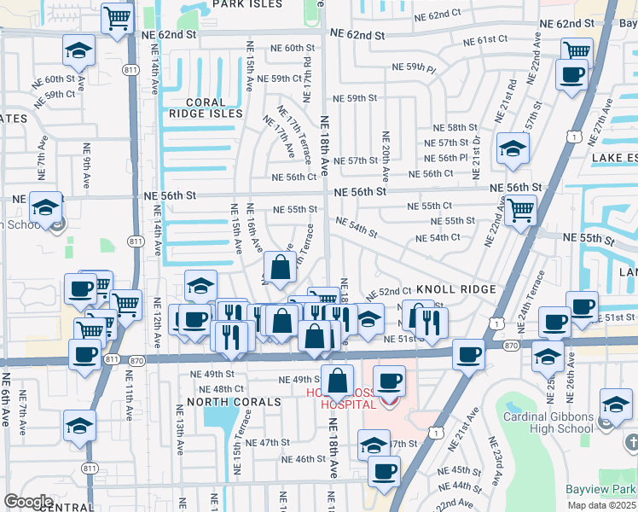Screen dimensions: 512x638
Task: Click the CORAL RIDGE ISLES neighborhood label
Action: [x=206, y=108]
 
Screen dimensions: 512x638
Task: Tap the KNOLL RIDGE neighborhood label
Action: [x=455, y=290]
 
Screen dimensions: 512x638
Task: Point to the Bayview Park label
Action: [x=601, y=490]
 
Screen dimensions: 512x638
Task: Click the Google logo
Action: [x=28, y=502]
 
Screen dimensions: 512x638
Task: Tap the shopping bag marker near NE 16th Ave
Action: [x=280, y=268]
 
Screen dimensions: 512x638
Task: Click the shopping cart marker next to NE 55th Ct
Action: [x=519, y=209]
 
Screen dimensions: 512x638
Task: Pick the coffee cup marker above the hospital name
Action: [x=389, y=381]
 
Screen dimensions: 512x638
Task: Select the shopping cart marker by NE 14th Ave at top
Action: [x=118, y=17]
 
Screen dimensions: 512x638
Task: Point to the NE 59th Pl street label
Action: [x=414, y=67]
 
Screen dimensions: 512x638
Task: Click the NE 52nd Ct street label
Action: [x=394, y=292]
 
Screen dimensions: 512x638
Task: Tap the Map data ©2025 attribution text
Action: [x=602, y=505]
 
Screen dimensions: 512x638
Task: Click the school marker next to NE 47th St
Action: [x=374, y=445]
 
